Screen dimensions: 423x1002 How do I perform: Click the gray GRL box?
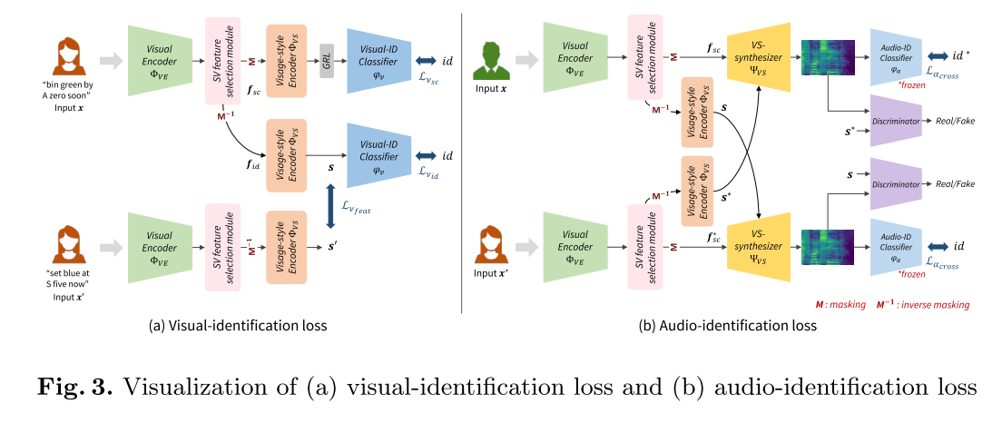[326, 60]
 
